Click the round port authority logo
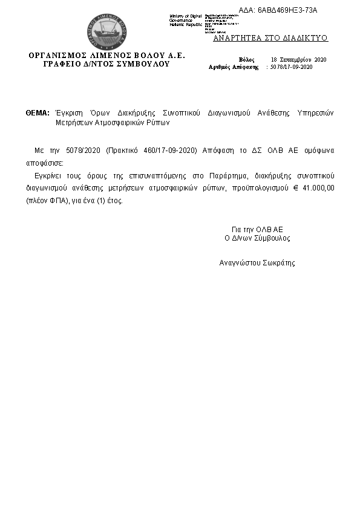106,30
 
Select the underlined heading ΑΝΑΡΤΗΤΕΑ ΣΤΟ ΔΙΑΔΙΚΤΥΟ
270,37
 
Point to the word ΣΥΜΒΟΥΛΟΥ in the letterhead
145,63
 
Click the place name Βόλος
247,59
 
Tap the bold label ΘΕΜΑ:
38,113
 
